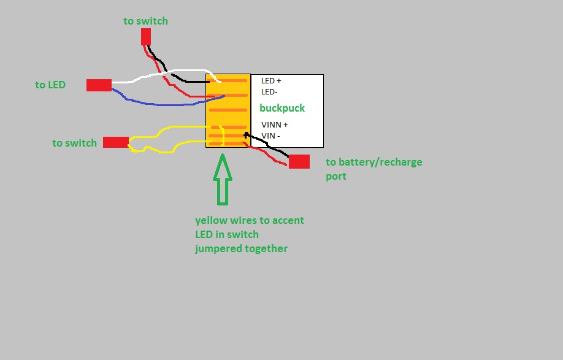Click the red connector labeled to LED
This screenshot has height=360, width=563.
tap(99, 85)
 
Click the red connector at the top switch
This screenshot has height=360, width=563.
tap(146, 37)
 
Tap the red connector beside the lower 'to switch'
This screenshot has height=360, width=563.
tap(115, 142)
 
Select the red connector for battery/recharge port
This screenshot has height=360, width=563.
tap(299, 161)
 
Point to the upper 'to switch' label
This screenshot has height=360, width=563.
tap(145, 21)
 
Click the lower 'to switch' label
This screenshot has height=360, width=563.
tap(74, 143)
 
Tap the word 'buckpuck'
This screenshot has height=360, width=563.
tap(282, 108)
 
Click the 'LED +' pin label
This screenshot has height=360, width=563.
tap(271, 80)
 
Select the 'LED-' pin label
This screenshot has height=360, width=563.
tap(270, 91)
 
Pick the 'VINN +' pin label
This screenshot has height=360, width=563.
tap(275, 124)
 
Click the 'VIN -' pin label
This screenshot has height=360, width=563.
tap(270, 136)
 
